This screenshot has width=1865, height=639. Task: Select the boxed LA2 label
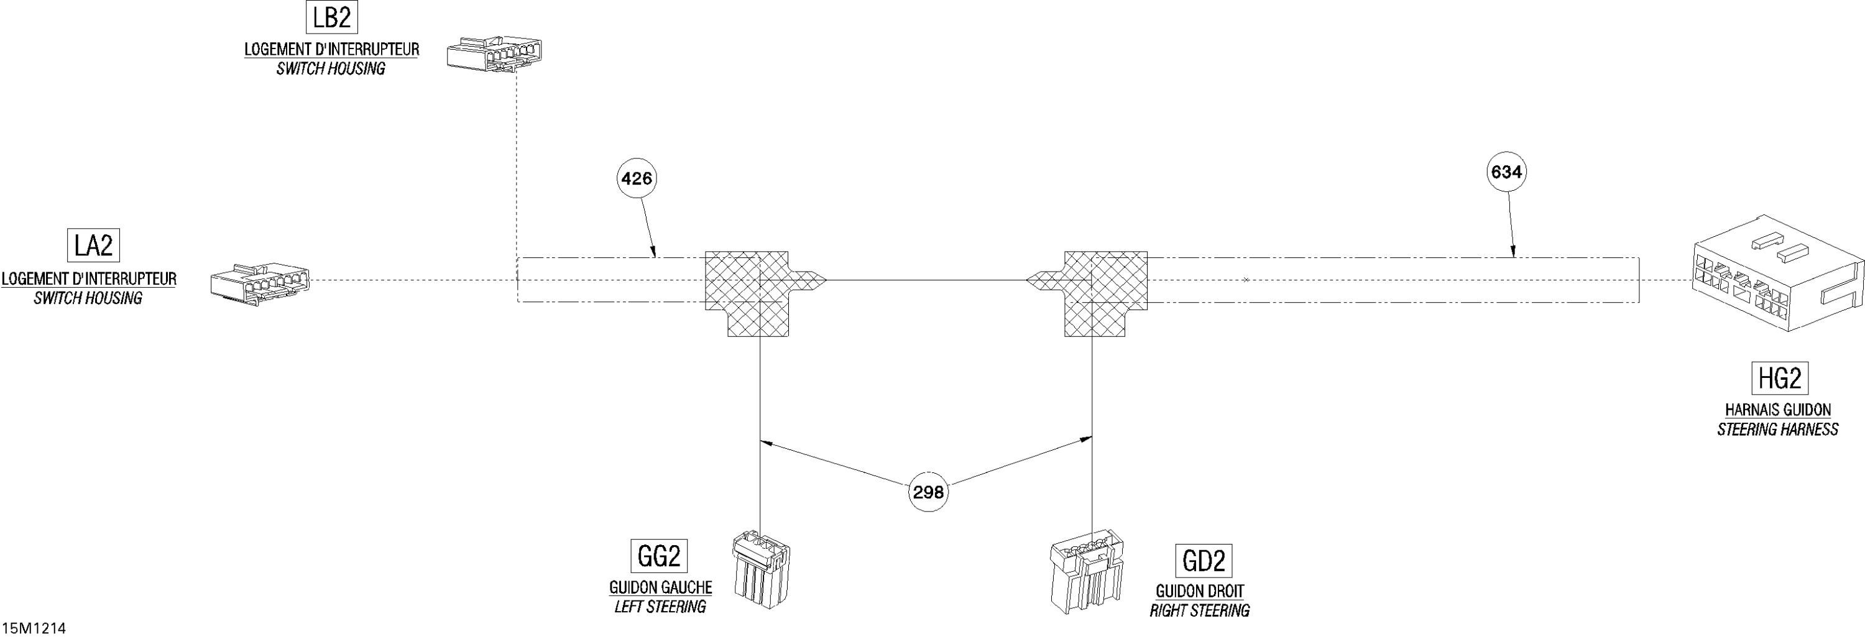[x=93, y=246]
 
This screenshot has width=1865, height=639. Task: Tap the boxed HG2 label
[x=1780, y=378]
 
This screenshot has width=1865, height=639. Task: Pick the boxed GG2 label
[x=659, y=556]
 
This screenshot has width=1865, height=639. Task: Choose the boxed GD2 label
[x=1204, y=561]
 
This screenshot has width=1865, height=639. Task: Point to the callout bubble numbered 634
[x=1507, y=172]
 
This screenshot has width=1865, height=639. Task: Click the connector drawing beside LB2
[x=494, y=53]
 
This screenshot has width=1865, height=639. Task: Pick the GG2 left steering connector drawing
[x=762, y=569]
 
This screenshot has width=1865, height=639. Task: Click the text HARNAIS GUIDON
[x=1778, y=410]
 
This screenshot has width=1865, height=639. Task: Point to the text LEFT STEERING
[x=660, y=607]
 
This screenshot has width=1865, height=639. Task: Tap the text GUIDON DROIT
[x=1200, y=592]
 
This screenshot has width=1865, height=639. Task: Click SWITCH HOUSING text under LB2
[x=331, y=69]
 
